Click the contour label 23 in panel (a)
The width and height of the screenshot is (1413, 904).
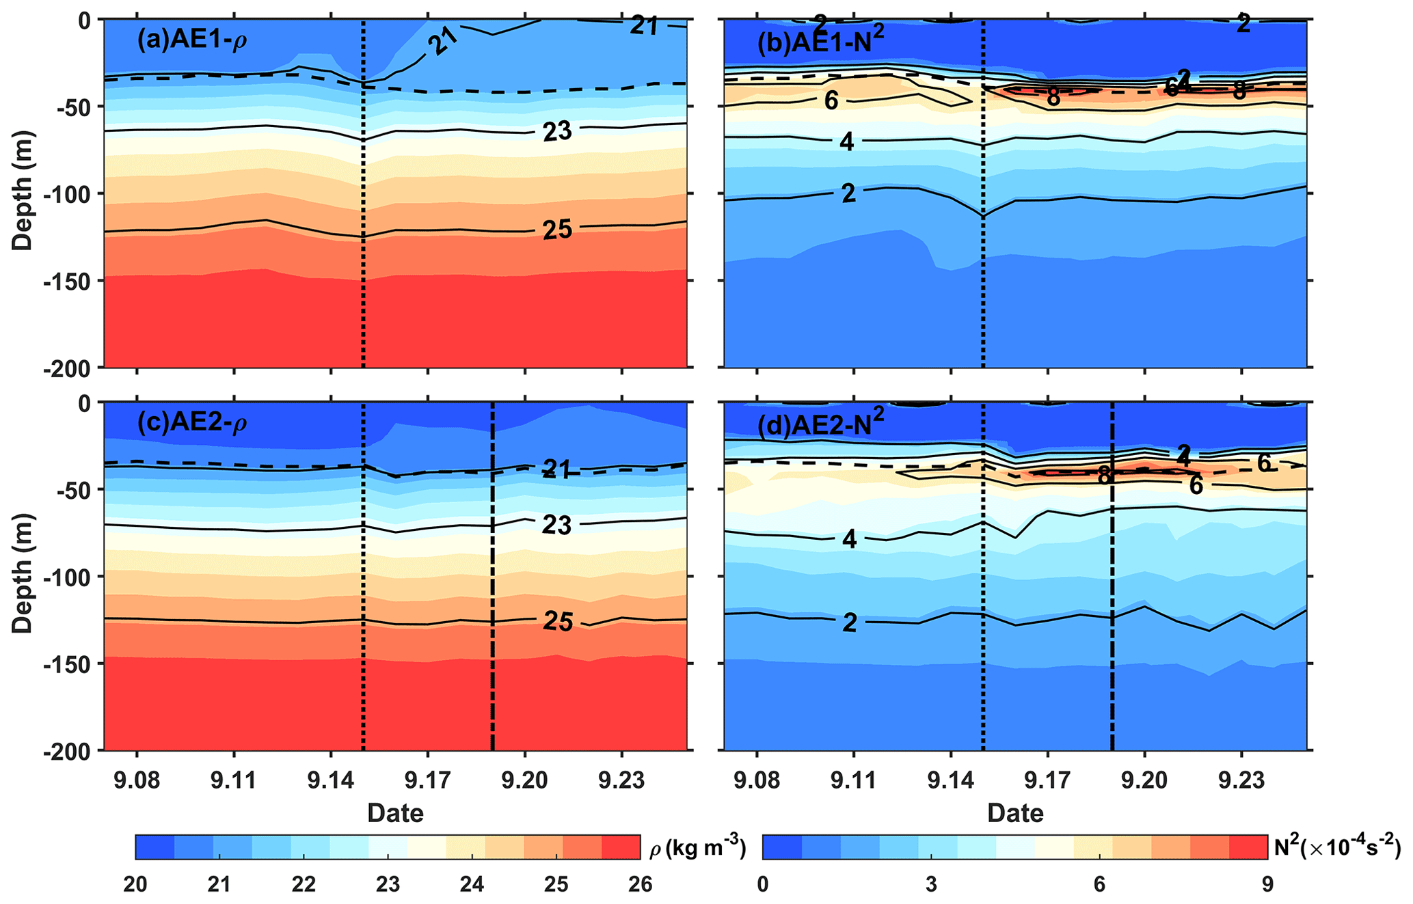coord(557,131)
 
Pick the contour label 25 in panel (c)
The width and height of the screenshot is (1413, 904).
coord(557,621)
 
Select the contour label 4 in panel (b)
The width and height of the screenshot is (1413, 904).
coord(847,143)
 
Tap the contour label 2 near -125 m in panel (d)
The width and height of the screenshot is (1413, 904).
coord(849,622)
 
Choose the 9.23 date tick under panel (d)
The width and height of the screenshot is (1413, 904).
coord(1241,780)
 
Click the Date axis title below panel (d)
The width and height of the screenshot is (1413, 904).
coord(1015,812)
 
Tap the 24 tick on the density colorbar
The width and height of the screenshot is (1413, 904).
coord(472,885)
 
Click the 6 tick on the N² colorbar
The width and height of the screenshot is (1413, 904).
coord(1099,885)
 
